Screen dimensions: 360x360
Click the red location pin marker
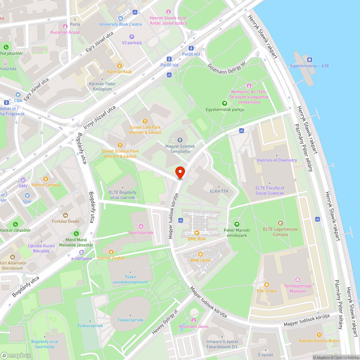pyautogui.click(x=180, y=172)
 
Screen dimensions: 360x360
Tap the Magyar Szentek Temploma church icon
pyautogui.click(x=180, y=140)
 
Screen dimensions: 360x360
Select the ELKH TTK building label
pyautogui.click(x=219, y=192)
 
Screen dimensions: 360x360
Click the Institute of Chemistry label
pyautogui.click(x=277, y=160)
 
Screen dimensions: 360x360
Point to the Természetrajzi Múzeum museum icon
pyautogui.click(x=297, y=279)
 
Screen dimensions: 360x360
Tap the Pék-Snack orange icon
pyautogui.click(x=267, y=284)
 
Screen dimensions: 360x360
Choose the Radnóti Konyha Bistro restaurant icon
pyautogui.click(x=319, y=335)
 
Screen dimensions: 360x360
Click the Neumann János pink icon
pyautogui.click(x=194, y=320)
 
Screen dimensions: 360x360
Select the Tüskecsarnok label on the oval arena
pyautogui.click(x=130, y=320)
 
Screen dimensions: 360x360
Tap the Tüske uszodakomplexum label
pyautogui.click(x=131, y=279)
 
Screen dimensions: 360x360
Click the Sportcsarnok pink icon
pyautogui.click(x=141, y=226)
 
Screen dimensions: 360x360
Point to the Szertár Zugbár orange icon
pyautogui.click(x=111, y=252)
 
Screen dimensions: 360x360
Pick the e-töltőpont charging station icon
pyautogui.click(x=82, y=252)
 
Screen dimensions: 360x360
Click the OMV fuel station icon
pyautogui.click(x=23, y=180)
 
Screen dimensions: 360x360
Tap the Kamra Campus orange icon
pyautogui.click(x=46, y=179)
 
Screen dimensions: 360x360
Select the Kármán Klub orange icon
pyautogui.click(x=120, y=66)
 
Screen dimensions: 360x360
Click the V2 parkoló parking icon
pyautogui.click(x=132, y=36)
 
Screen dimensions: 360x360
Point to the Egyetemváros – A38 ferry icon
pyautogui.click(x=309, y=59)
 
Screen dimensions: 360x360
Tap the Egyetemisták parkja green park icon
pyautogui.click(x=225, y=103)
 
